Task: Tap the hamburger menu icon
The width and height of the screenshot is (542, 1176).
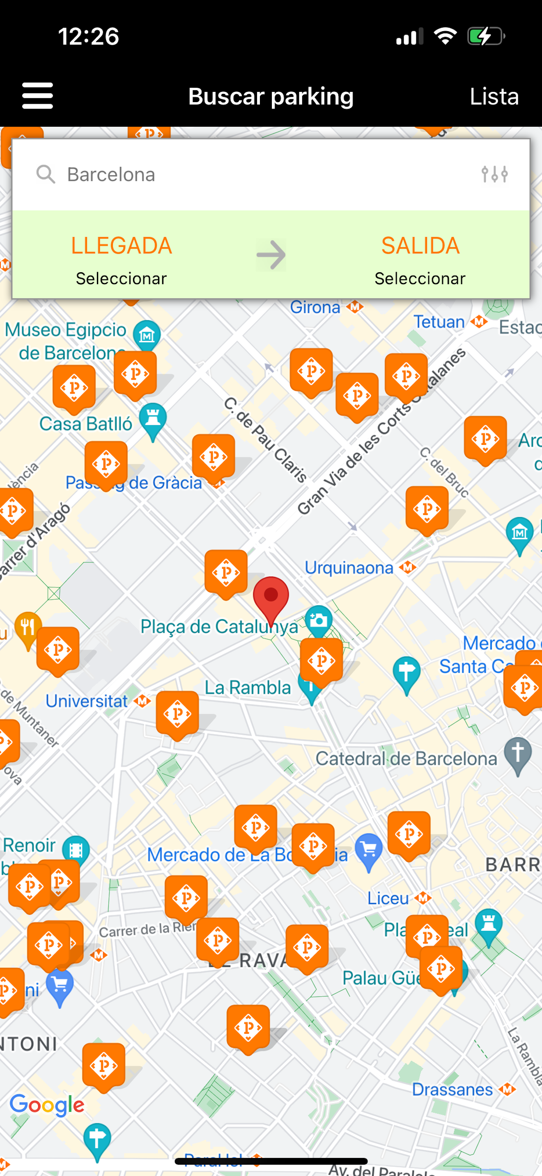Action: click(37, 96)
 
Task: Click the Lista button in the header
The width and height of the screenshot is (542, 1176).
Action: click(494, 96)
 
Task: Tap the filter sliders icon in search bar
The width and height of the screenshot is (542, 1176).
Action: click(494, 174)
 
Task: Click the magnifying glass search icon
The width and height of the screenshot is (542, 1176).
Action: click(46, 174)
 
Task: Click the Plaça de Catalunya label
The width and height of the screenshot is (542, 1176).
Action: click(219, 627)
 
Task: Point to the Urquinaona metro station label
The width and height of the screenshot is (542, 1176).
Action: click(349, 568)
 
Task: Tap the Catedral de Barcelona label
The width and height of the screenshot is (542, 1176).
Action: click(406, 759)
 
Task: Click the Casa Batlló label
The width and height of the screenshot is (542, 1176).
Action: click(85, 424)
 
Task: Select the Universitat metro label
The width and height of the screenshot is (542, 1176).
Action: click(87, 701)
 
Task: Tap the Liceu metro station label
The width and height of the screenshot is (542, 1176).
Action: click(388, 898)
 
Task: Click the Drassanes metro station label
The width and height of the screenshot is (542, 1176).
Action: click(452, 1089)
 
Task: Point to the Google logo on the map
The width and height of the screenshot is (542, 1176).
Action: click(47, 1105)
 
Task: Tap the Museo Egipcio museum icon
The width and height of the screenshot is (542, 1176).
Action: click(147, 335)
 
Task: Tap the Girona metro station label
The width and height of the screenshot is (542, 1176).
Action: click(315, 307)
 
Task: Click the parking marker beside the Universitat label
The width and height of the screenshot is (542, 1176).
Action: click(177, 713)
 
